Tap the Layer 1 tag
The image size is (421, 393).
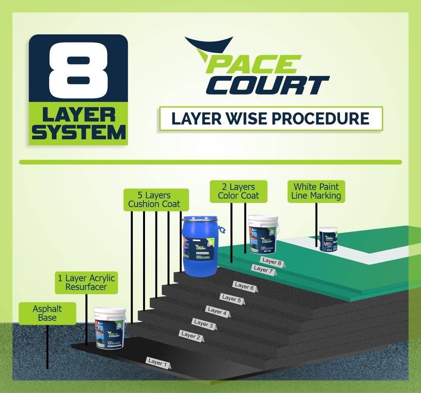coord(158,362)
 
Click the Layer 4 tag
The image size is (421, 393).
coord(217,311)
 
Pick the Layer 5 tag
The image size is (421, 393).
coord(231,298)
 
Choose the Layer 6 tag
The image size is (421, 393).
coord(244,286)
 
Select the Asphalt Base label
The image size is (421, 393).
coord(47,313)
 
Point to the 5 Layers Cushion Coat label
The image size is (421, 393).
coord(156,200)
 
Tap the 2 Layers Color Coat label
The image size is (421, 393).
coord(239,191)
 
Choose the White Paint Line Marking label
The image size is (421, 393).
coord(316,191)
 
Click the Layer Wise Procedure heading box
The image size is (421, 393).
coord(271,118)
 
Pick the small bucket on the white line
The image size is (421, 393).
coord(328,238)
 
